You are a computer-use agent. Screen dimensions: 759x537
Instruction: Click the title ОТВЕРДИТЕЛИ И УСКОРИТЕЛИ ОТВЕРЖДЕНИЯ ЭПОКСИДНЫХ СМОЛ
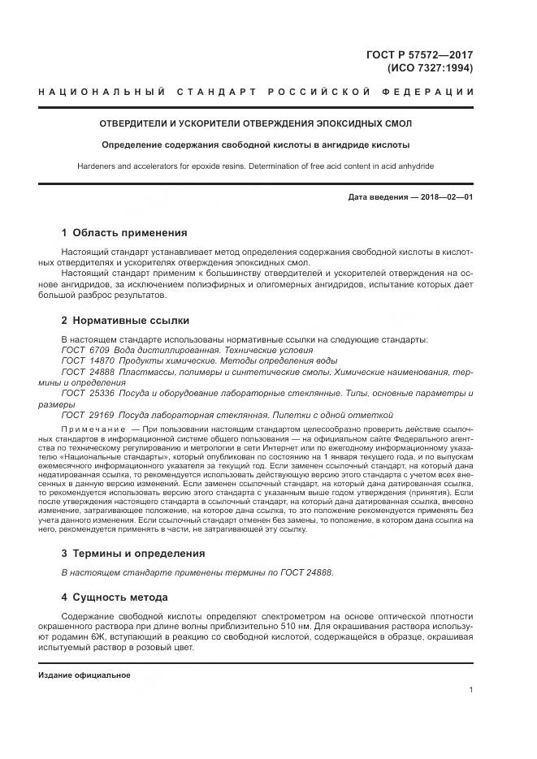[x=255, y=124]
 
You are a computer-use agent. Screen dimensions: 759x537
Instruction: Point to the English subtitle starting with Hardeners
[x=255, y=166]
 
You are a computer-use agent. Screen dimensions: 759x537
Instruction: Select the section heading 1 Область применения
[x=123, y=233]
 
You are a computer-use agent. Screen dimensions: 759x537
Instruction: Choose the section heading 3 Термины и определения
[x=133, y=554]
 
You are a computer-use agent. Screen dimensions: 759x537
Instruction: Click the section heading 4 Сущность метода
[x=115, y=597]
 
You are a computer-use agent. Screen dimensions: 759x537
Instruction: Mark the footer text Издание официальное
[x=84, y=675]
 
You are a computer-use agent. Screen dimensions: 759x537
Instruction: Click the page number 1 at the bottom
[x=471, y=690]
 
